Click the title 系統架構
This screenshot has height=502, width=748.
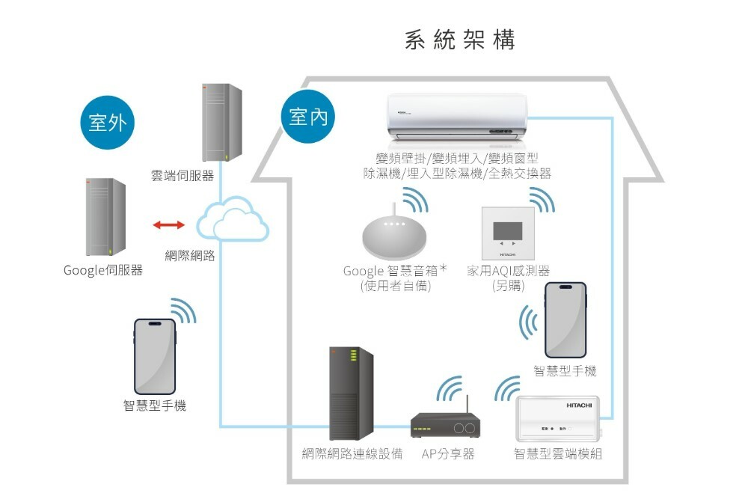coord(459,40)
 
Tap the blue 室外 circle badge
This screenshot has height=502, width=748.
coord(106,123)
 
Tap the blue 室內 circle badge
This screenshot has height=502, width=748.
coord(308,117)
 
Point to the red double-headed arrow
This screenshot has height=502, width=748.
coord(168,224)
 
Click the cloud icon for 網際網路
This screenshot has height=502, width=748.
coord(232,219)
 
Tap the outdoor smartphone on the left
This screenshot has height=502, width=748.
coord(155,356)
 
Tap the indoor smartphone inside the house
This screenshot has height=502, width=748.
coord(565,320)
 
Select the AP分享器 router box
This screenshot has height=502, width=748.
coord(446,426)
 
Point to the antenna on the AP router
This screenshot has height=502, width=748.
coord(467,405)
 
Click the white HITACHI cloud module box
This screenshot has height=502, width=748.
coord(558,420)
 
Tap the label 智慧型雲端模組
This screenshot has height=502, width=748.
coord(558,454)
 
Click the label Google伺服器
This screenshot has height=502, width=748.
coord(103,270)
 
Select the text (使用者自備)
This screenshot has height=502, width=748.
coord(396,285)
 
